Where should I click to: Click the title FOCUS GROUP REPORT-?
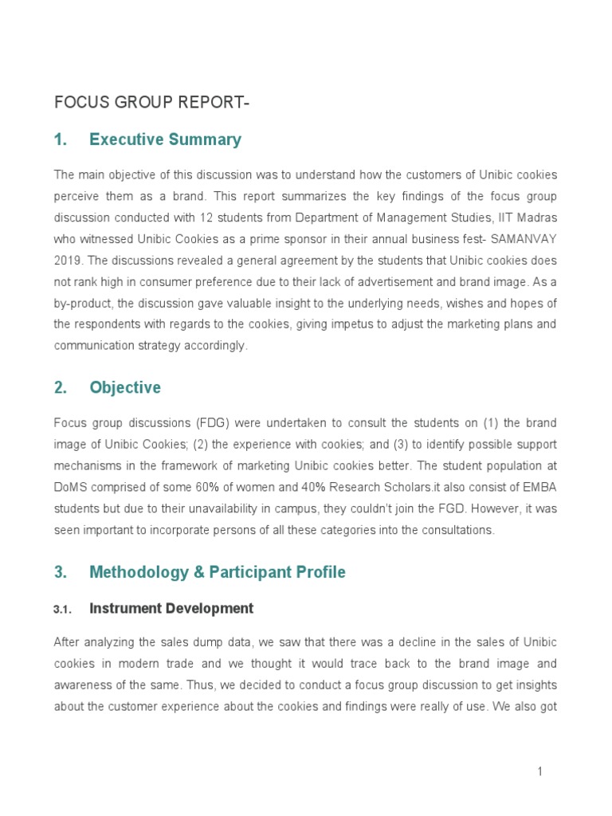[x=146, y=103]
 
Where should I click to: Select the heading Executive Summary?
[x=165, y=139]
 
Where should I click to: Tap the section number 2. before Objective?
[x=61, y=388]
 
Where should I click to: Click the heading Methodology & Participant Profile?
[x=218, y=572]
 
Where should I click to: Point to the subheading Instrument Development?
[x=171, y=609]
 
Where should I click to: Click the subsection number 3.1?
[x=63, y=610]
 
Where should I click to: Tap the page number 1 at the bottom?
[x=539, y=771]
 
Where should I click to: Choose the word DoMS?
[x=70, y=488]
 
